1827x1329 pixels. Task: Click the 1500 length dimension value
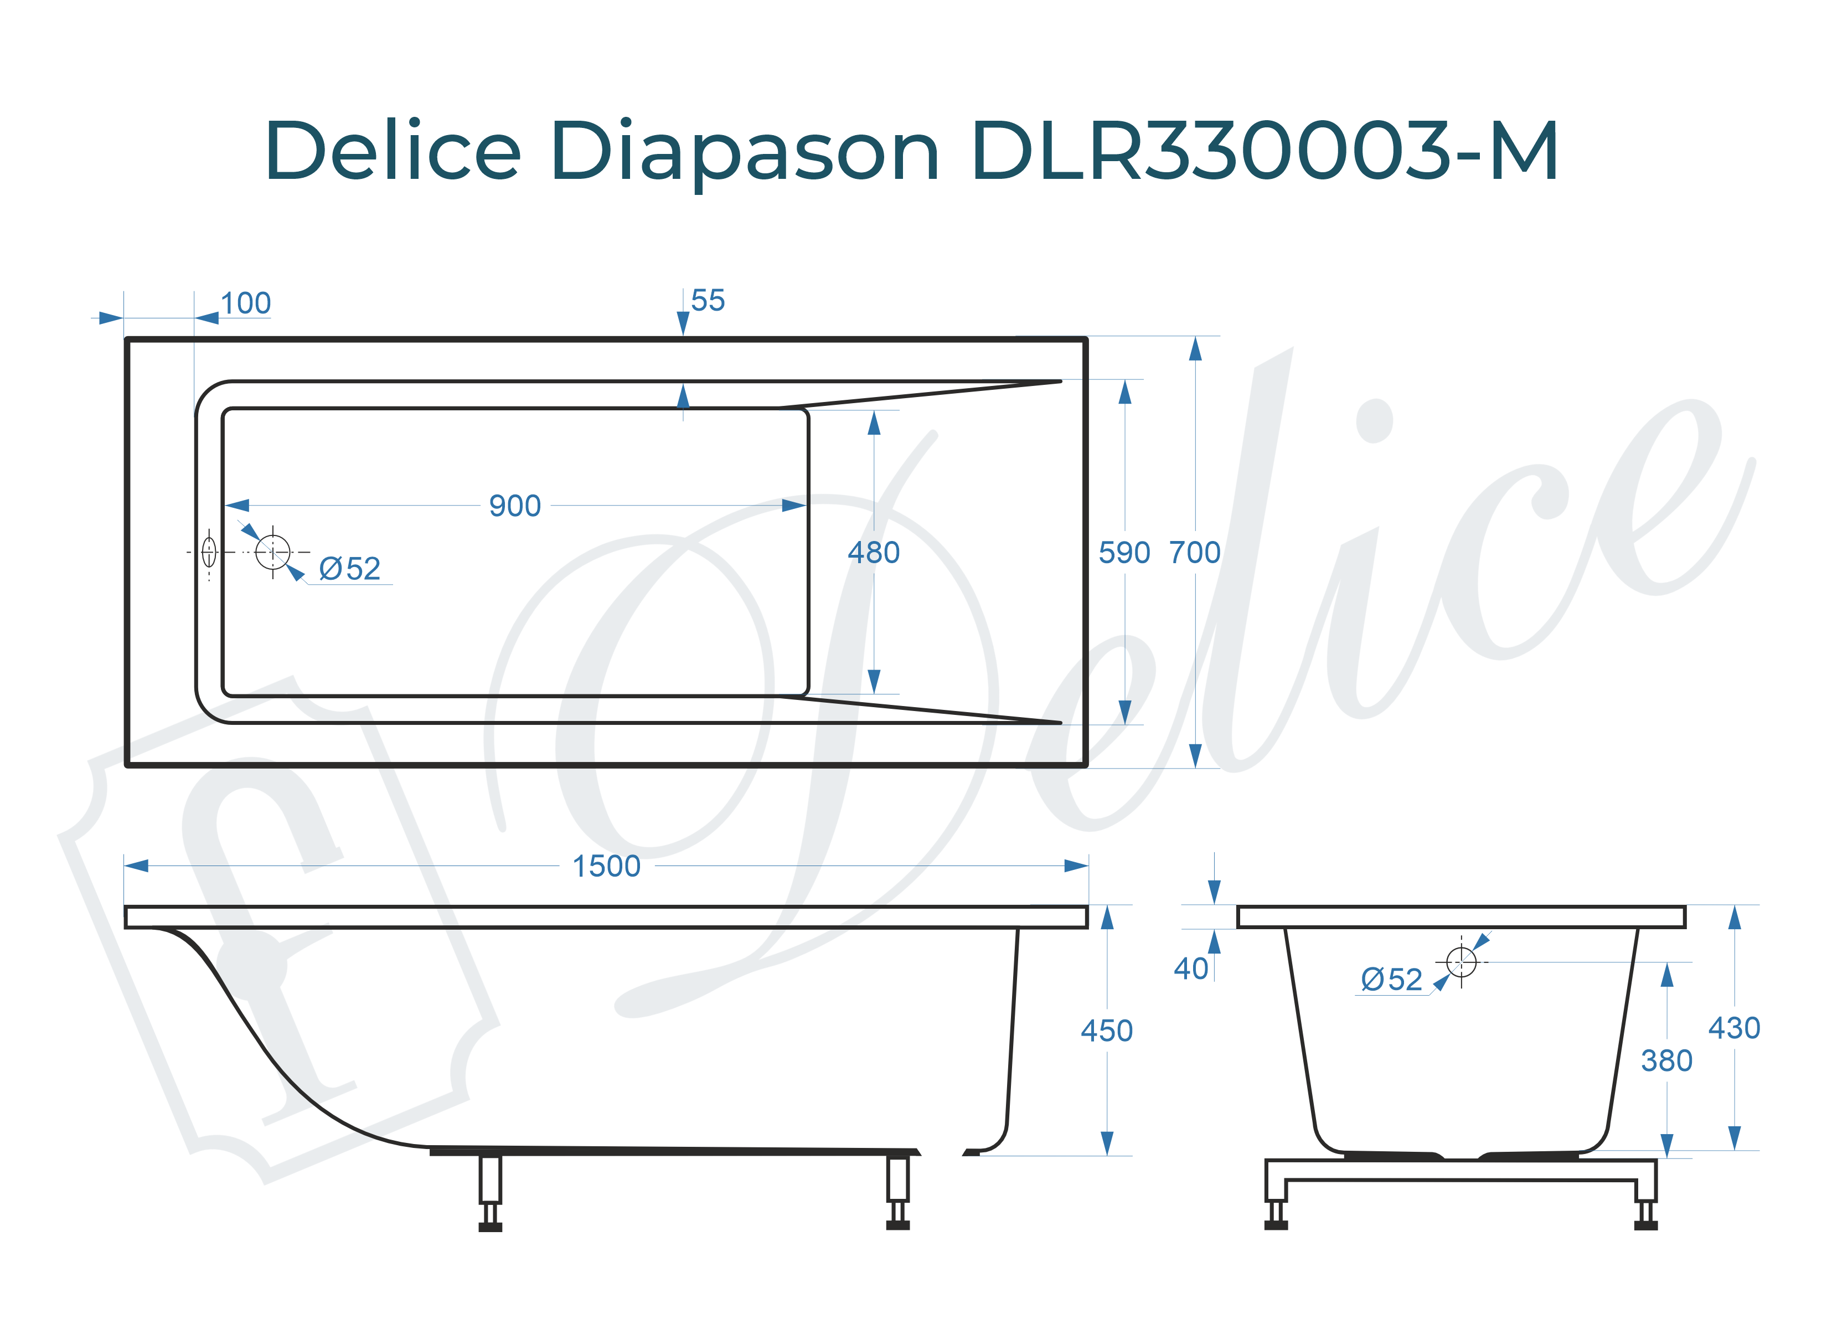point(606,867)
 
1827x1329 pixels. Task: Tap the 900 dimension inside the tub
point(515,506)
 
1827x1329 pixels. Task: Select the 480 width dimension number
point(873,553)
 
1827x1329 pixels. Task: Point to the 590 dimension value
point(1124,553)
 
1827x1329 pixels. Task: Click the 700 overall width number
point(1195,553)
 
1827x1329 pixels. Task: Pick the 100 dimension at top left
point(246,304)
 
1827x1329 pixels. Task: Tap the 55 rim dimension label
point(708,301)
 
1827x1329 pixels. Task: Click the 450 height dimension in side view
point(1106,1031)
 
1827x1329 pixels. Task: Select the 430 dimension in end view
point(1733,1028)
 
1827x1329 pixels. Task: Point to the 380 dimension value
point(1666,1060)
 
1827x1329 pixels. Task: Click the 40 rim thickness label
point(1191,969)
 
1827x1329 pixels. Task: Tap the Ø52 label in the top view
point(349,569)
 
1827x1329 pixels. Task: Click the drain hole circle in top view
point(272,552)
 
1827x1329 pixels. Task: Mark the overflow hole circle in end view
point(1461,961)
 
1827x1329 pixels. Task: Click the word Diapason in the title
point(745,151)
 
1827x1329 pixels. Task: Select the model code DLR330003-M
point(1265,151)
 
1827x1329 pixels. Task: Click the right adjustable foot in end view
point(1646,1212)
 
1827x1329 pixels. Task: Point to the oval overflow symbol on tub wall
point(209,552)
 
